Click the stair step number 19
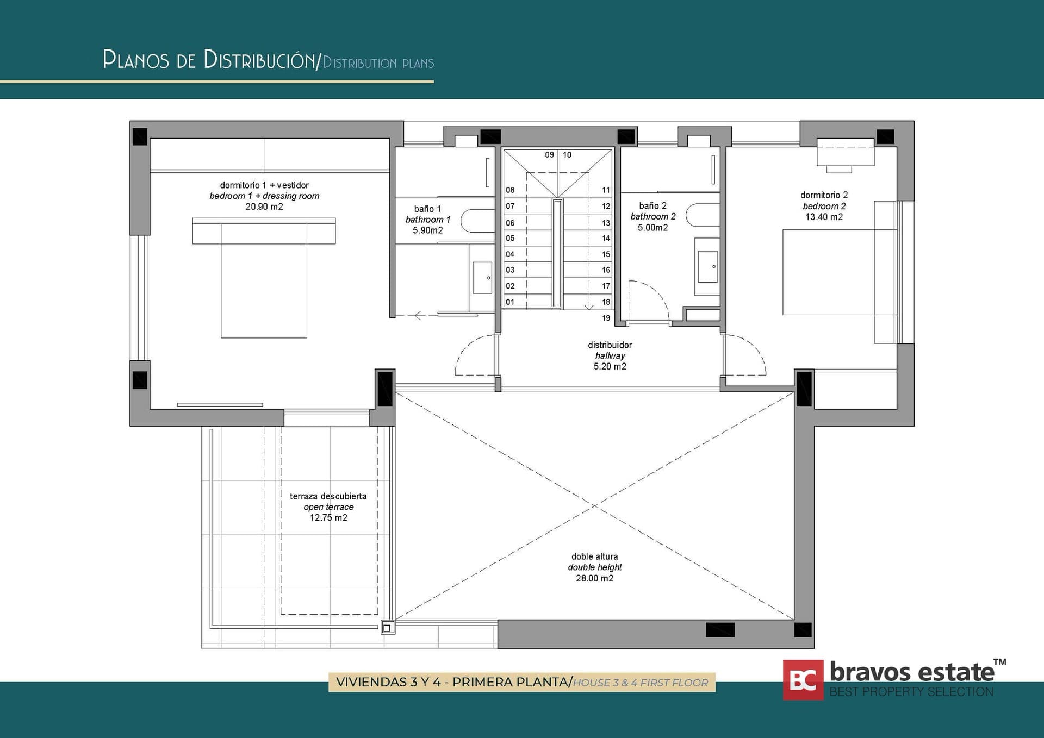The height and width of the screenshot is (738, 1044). click(x=606, y=318)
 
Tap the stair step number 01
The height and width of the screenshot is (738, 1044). click(x=510, y=302)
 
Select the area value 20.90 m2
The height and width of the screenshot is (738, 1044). click(x=264, y=207)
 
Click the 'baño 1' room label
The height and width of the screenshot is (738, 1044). click(x=427, y=209)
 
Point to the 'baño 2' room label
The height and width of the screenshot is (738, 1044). click(x=652, y=205)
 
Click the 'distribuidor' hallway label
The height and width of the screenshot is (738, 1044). click(x=610, y=345)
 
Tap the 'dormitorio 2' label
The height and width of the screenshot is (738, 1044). click(x=824, y=195)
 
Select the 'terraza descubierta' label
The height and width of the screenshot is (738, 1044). click(x=328, y=496)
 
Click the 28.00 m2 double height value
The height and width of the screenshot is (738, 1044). click(x=594, y=578)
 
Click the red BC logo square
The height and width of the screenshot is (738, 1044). click(x=803, y=680)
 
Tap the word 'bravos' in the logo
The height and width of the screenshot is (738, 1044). click(x=872, y=673)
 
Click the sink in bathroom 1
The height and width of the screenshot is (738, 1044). click(x=482, y=278)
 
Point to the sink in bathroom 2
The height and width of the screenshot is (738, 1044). click(x=707, y=266)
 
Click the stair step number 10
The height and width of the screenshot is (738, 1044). click(x=567, y=155)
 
